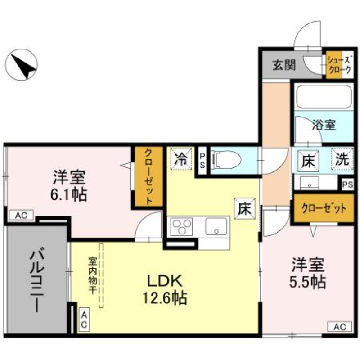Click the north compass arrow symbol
(x=23, y=65)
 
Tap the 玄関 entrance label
(x=283, y=65)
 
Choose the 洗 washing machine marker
(x=341, y=159)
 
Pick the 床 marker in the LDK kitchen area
(x=244, y=209)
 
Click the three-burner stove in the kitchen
(x=181, y=225)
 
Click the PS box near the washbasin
(x=347, y=184)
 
